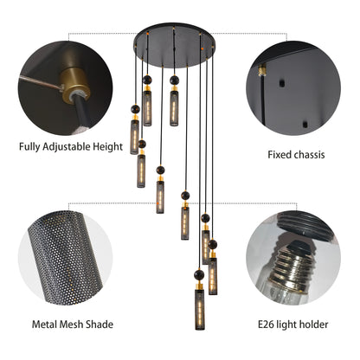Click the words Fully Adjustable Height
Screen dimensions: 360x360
pyautogui.click(x=70, y=146)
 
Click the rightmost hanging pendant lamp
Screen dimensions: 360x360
pyautogui.click(x=213, y=263)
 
